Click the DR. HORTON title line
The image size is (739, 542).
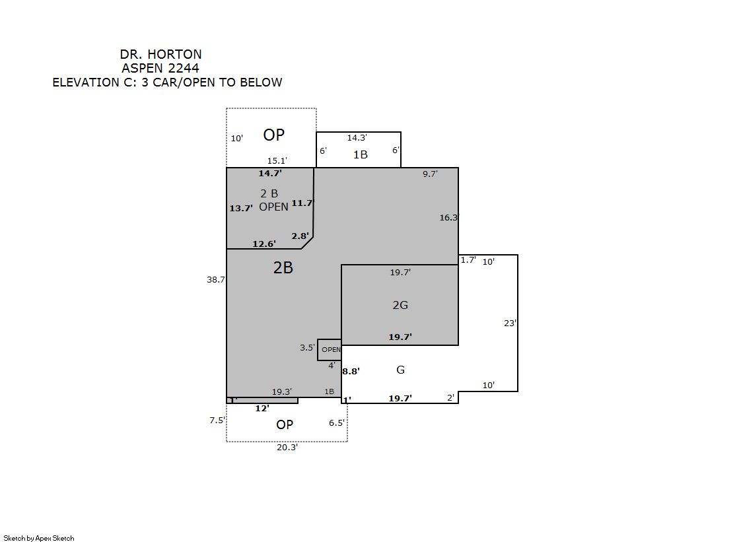tap(160, 54)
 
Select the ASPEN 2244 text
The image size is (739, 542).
tap(160, 69)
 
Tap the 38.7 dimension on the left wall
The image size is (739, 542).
tap(216, 279)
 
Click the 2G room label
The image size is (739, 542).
tap(400, 305)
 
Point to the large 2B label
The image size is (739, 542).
tap(283, 268)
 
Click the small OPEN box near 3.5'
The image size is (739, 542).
tap(330, 350)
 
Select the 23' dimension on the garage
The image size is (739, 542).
tap(510, 323)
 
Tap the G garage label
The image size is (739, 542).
tap(401, 370)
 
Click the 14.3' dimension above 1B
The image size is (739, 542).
tap(357, 137)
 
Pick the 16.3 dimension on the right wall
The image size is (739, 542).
tap(448, 217)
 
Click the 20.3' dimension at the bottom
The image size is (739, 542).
tap(287, 448)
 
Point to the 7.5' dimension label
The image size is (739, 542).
tap(217, 420)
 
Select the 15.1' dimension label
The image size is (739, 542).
tap(277, 160)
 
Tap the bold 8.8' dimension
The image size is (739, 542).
tap(351, 372)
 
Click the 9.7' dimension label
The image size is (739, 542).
tap(430, 174)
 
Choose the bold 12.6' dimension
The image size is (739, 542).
tap(264, 244)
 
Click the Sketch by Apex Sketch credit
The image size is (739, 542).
tap(39, 538)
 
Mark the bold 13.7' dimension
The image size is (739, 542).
tap(241, 208)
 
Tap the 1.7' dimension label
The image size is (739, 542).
tap(468, 259)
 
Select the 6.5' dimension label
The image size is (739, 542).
tap(337, 423)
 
